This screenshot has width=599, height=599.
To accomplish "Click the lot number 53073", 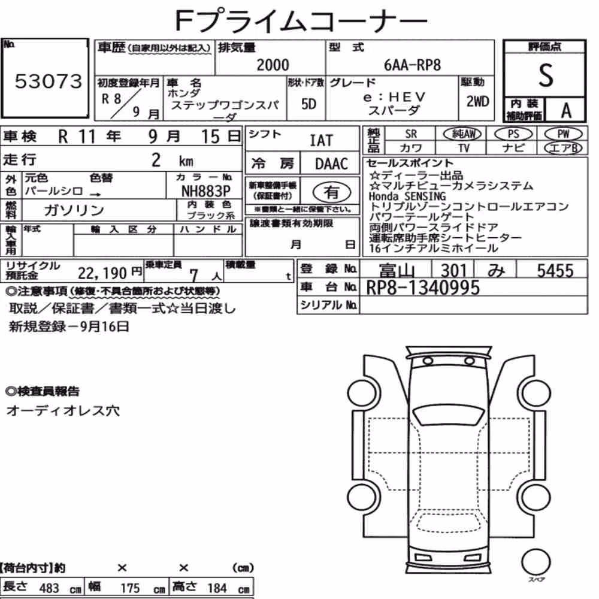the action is (x=49, y=81).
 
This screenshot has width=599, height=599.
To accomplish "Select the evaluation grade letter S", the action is (x=546, y=75).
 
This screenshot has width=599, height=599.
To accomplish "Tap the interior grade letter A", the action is (x=566, y=110).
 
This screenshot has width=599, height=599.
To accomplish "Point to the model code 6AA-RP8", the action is (x=412, y=65).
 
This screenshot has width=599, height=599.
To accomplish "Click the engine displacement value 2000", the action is (x=273, y=65).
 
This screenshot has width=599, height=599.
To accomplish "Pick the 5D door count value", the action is (x=308, y=104).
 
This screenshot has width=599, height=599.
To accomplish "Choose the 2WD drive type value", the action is (x=477, y=101).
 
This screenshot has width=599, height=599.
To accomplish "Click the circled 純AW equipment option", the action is (x=462, y=134).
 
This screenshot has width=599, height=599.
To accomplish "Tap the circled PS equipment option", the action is (x=513, y=134).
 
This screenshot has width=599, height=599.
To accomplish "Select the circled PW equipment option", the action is (x=564, y=134).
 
